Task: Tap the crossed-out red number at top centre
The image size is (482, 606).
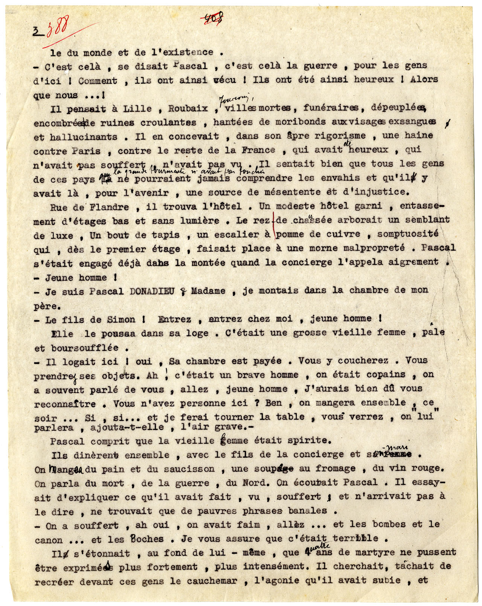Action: coord(214,18)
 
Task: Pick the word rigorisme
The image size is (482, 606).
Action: coord(340,136)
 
